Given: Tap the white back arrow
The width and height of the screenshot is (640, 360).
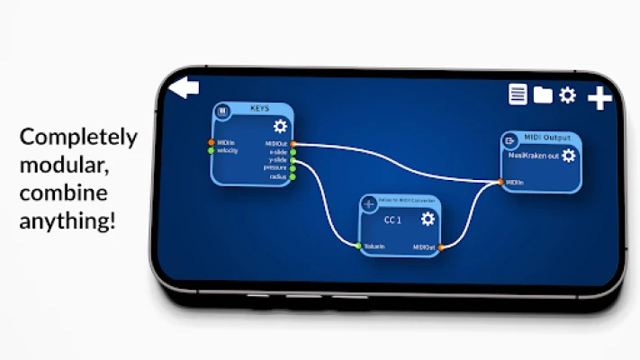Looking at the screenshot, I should [x=185, y=87].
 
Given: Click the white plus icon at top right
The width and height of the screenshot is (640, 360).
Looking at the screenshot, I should [x=599, y=98].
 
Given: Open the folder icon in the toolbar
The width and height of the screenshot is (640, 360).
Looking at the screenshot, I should [x=542, y=94].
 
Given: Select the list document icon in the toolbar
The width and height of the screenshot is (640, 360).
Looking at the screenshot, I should [x=518, y=94].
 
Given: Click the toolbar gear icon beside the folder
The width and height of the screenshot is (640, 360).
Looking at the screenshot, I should [x=567, y=94].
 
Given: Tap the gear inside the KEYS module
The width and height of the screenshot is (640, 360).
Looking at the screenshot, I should [x=280, y=126].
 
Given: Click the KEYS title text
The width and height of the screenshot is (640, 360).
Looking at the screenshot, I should [x=258, y=109].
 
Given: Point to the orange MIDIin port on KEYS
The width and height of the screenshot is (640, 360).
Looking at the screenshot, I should [x=212, y=142].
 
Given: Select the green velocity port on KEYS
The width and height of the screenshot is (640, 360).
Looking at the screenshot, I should [x=212, y=150].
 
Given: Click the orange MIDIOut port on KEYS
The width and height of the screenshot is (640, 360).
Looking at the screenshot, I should [x=293, y=143].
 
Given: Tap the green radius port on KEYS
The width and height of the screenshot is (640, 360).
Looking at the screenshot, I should [x=293, y=176].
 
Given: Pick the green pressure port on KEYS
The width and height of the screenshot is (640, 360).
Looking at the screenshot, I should [x=293, y=168].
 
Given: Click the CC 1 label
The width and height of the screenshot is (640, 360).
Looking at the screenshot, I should [x=392, y=220].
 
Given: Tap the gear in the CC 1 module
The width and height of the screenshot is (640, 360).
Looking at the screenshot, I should [x=428, y=219].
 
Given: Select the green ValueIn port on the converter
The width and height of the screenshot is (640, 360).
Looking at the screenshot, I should [x=358, y=245].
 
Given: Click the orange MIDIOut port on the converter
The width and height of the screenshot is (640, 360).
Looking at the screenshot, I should [x=441, y=246].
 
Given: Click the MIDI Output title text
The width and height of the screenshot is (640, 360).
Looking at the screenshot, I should [x=545, y=139].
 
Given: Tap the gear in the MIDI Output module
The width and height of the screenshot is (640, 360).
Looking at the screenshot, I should [x=569, y=156].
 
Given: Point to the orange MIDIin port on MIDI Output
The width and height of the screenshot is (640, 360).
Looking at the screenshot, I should [x=500, y=182].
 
